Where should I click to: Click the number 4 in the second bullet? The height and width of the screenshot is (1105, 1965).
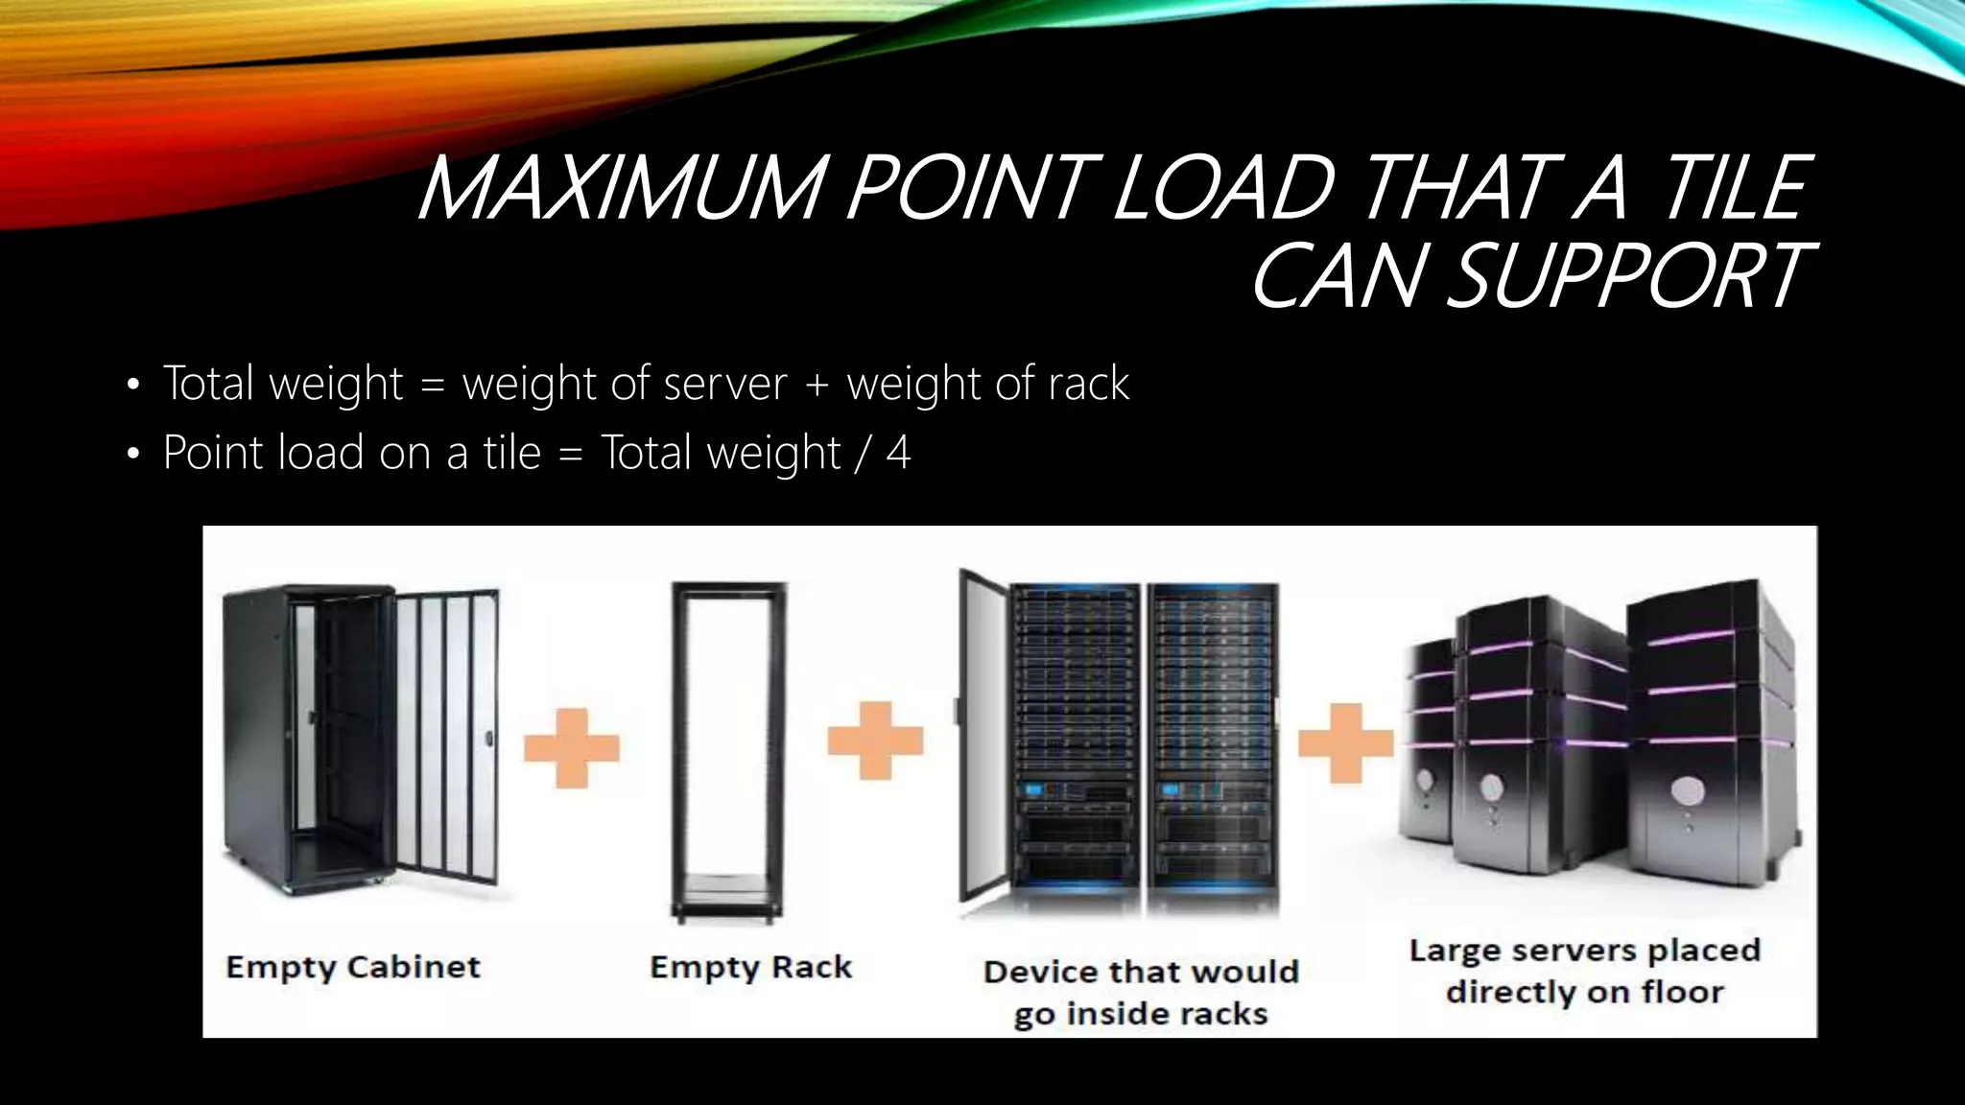click(898, 453)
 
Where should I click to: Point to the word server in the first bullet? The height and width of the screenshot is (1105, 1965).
click(724, 384)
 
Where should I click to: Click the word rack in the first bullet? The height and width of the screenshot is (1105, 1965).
click(1088, 384)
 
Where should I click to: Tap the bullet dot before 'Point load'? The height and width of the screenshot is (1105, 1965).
click(133, 455)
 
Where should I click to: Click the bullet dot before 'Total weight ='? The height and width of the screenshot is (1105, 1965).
click(133, 386)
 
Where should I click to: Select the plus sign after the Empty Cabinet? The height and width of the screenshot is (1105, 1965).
click(572, 747)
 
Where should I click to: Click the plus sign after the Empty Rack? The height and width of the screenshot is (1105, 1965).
click(875, 740)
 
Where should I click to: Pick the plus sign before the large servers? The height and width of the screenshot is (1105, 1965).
click(1345, 742)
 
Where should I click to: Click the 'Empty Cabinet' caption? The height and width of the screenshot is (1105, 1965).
click(353, 967)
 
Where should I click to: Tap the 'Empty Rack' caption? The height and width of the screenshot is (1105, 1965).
click(750, 967)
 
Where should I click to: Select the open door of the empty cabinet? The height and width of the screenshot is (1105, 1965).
click(446, 734)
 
